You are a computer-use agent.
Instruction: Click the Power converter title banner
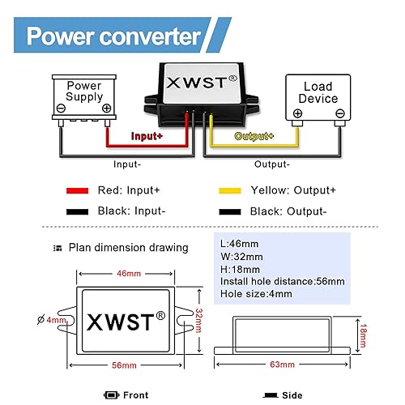pyautogui.click(x=113, y=36)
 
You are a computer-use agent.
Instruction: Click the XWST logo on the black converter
pyautogui.click(x=201, y=82)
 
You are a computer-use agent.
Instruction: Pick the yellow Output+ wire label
pyautogui.click(x=254, y=136)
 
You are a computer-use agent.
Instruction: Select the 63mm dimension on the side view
pyautogui.click(x=283, y=365)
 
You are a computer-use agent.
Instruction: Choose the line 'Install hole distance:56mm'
pyautogui.click(x=282, y=281)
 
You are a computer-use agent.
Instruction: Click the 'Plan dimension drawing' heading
pyautogui.click(x=128, y=247)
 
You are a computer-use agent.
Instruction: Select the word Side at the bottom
pyautogui.click(x=291, y=395)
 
